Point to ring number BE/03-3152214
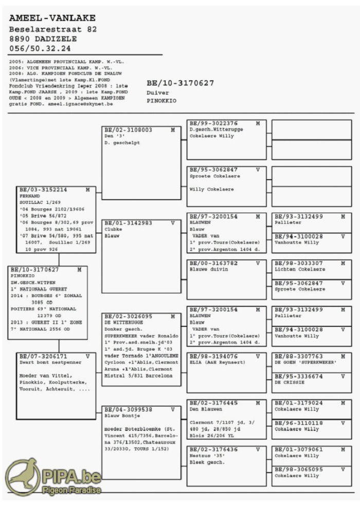pyautogui.click(x=43, y=190)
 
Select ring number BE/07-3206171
pyautogui.click(x=43, y=356)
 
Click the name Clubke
pyautogui.click(x=113, y=229)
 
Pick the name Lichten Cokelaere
pyautogui.click(x=300, y=269)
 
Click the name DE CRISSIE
pyautogui.click(x=290, y=382)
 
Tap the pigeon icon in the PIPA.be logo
pyautogui.click(x=22, y=476)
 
